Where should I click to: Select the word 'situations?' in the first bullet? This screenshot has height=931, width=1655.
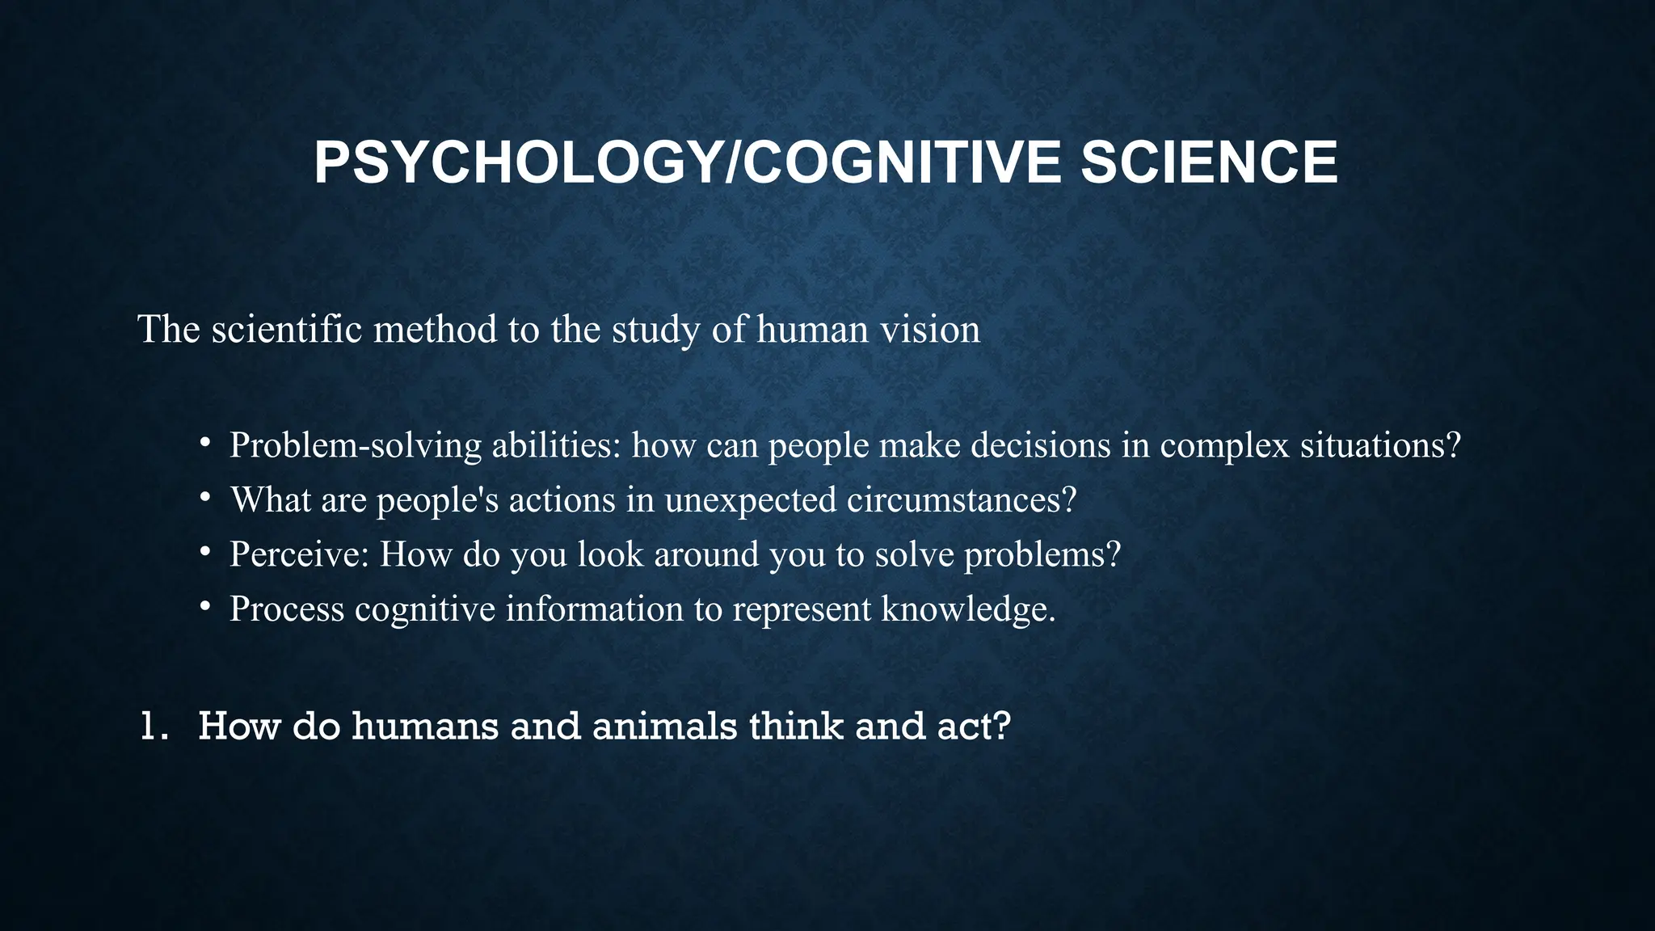tap(1380, 445)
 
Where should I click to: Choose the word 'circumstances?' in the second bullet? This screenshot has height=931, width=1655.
tap(962, 499)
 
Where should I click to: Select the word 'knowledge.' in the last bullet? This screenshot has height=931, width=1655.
tap(968, 609)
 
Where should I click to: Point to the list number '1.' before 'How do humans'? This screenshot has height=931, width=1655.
tap(154, 726)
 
